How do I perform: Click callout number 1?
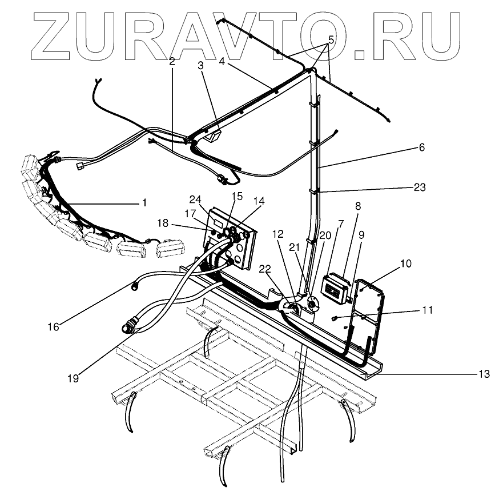[144, 202]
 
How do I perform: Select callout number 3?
[200, 65]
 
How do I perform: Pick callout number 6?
[422, 147]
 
